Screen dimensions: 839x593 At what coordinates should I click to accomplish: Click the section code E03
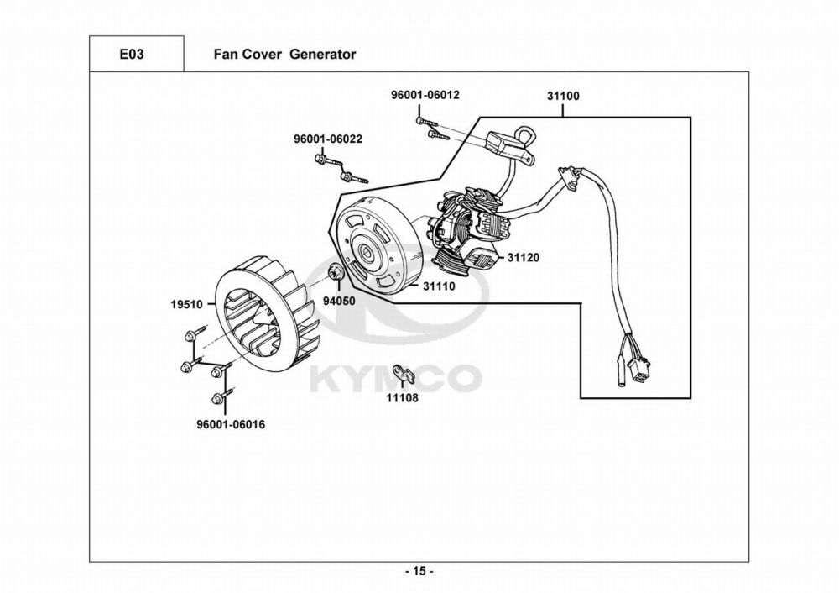pos(132,54)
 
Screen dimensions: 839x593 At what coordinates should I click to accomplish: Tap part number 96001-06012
pos(425,95)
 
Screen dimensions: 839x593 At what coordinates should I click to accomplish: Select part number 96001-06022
pos(327,139)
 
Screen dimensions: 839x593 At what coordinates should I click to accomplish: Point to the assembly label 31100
pos(563,97)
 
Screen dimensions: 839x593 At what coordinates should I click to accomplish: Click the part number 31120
pos(524,258)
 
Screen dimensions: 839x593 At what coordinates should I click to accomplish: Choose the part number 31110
pos(439,286)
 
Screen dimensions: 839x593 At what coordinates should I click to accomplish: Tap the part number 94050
pos(339,301)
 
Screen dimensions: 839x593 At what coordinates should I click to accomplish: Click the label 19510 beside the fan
pos(187,305)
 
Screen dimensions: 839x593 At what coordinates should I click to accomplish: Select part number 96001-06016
pos(231,425)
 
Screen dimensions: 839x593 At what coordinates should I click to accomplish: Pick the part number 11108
pos(403,398)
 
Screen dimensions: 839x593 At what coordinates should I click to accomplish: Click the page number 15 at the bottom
pos(419,571)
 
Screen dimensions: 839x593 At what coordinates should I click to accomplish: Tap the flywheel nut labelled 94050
pos(336,273)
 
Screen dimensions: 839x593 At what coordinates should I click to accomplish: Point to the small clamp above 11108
pos(400,373)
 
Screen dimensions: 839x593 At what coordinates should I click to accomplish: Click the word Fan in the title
pos(225,54)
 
